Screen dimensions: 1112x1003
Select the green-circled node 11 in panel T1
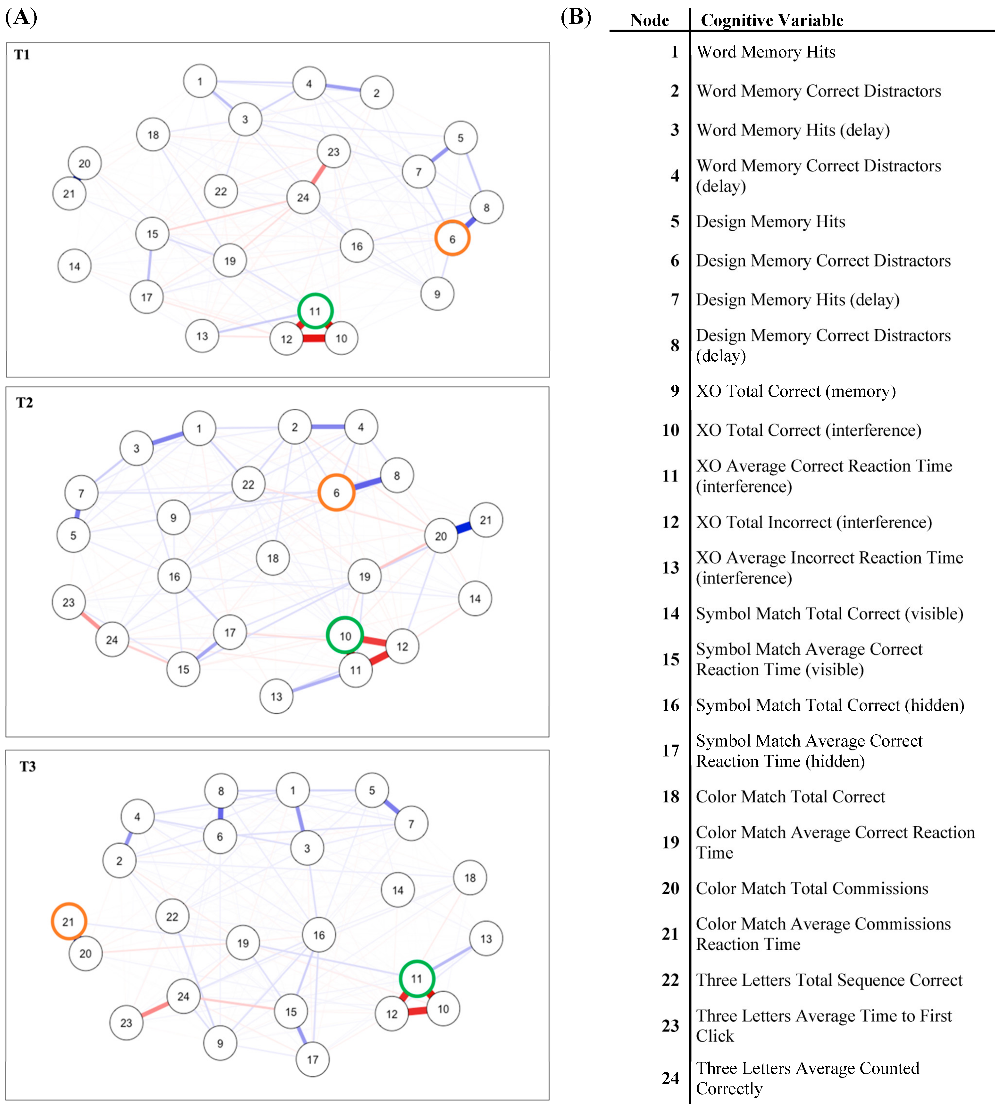pos(315,311)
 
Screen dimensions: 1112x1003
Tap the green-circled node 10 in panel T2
pos(345,635)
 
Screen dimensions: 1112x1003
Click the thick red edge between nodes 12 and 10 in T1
pos(314,338)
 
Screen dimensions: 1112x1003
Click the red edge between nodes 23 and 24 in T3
pos(155,1009)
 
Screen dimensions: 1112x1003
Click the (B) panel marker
pos(575,17)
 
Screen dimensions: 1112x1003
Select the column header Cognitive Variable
pos(771,20)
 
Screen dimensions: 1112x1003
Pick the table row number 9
pos(675,391)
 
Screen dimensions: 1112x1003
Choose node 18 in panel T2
pos(273,558)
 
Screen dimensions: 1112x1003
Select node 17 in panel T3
pos(312,1059)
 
